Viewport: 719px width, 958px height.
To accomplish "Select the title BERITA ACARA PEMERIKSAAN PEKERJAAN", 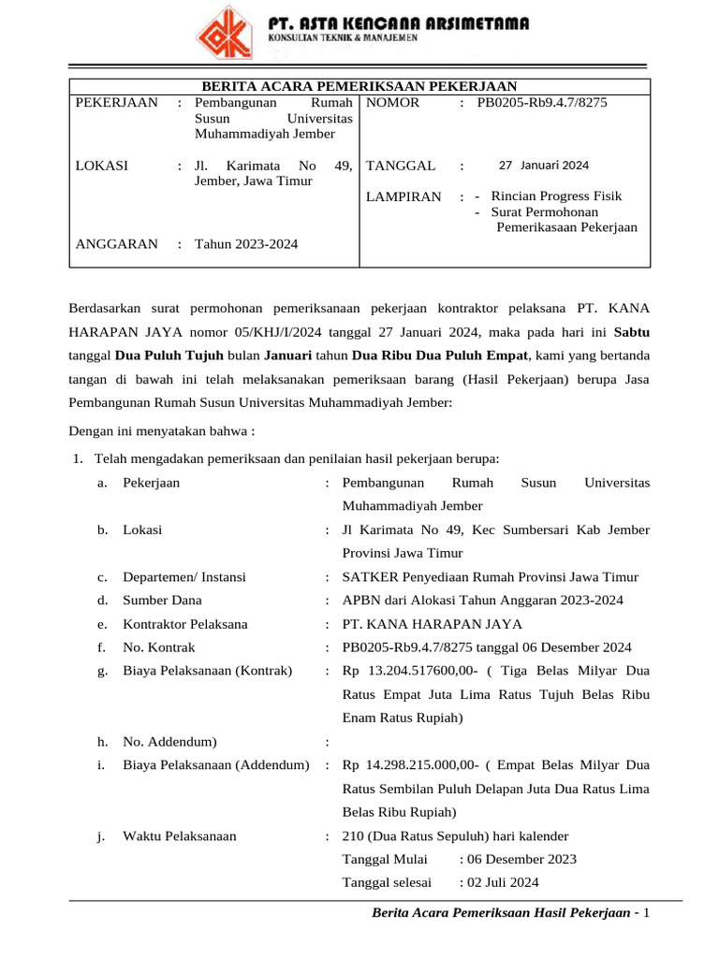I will coord(359,87).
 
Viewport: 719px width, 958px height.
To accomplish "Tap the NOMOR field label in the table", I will coord(392,103).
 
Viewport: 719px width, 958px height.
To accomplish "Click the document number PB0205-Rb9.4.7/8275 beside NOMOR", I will coord(542,103).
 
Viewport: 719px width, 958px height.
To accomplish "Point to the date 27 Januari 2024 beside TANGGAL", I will coord(544,166).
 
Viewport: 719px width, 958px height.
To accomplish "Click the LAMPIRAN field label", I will coord(403,197).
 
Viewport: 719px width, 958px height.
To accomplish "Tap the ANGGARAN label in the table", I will coord(116,244).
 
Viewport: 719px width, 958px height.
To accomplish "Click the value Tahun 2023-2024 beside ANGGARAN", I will coord(246,244).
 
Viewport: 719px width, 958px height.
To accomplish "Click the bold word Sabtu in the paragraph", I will coord(631,331).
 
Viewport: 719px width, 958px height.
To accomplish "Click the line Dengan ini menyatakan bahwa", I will coord(162,432).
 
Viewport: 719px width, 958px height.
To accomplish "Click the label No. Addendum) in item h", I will coord(169,742).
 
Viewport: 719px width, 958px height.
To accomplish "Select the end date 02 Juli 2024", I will coord(499,882).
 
